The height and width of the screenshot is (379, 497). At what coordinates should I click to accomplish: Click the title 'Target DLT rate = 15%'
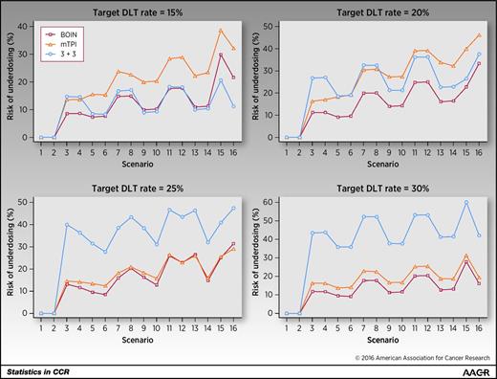136,11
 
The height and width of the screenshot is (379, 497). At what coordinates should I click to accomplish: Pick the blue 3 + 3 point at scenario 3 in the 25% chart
67,225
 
